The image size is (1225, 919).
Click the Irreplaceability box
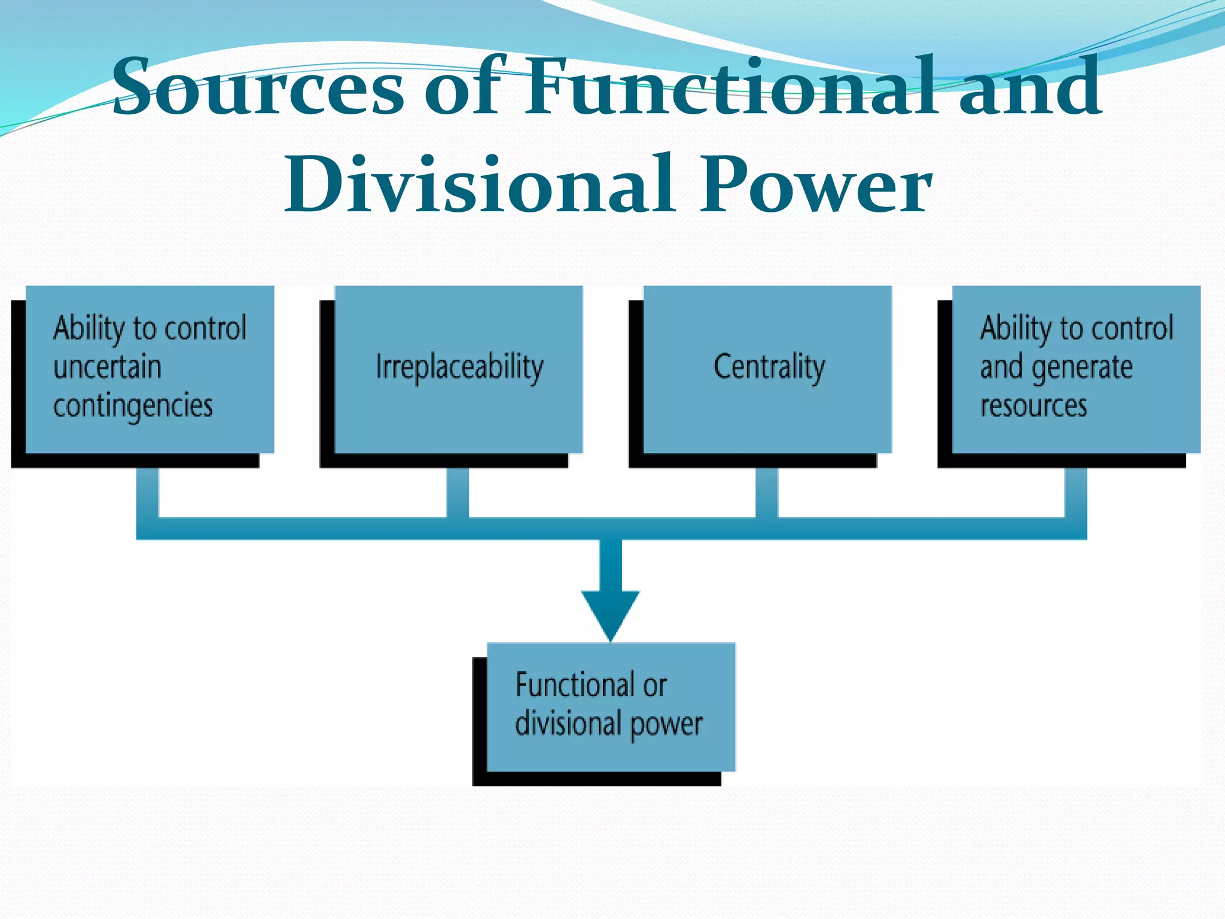point(459,368)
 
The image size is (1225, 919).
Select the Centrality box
point(768,368)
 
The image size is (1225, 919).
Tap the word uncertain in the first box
point(107,367)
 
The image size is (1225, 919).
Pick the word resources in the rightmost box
point(1033,406)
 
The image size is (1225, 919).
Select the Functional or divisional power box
point(610,706)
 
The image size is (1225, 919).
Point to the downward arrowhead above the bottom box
point(610,613)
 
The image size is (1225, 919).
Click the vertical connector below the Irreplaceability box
point(458,492)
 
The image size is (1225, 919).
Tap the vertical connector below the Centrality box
point(766,492)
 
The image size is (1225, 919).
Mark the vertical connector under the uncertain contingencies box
point(148,492)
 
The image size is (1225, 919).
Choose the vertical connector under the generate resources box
point(1075,492)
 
